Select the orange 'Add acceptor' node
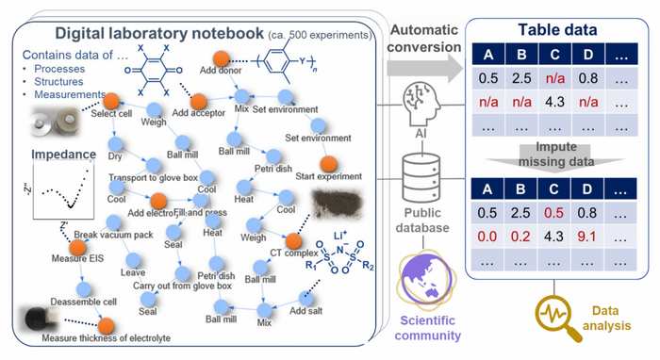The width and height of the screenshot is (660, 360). pos(194,96)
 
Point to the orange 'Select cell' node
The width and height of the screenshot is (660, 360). pos(110,101)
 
